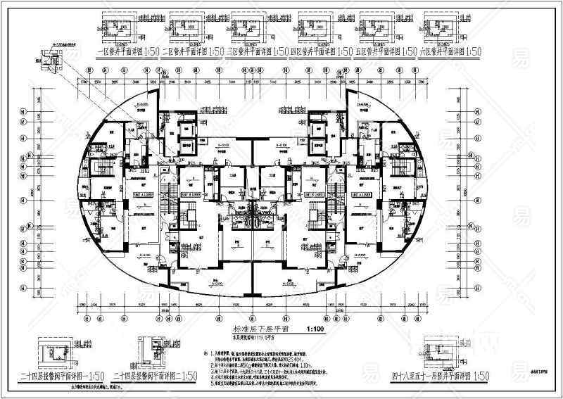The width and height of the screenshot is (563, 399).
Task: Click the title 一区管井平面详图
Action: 118,52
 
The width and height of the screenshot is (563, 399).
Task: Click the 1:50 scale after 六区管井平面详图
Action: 472,52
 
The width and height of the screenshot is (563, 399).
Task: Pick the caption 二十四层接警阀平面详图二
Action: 150,376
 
